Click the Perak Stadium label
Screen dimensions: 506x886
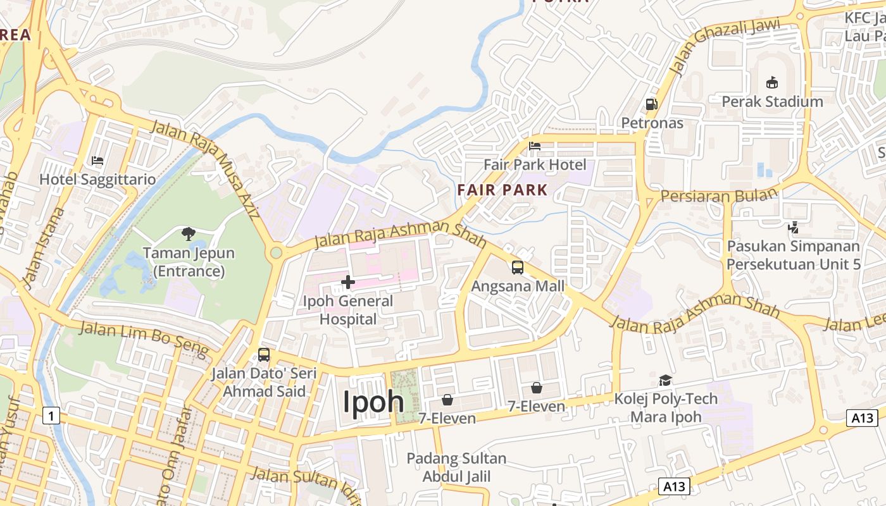pyautogui.click(x=772, y=101)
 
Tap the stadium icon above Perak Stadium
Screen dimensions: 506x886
pyautogui.click(x=771, y=82)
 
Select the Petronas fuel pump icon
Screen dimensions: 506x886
pyautogui.click(x=651, y=104)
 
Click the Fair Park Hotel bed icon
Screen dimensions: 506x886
pyautogui.click(x=535, y=146)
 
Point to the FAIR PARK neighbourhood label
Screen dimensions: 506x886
pyautogui.click(x=502, y=189)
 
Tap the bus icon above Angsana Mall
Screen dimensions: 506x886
pyautogui.click(x=518, y=268)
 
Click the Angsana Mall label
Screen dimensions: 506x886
pyautogui.click(x=518, y=286)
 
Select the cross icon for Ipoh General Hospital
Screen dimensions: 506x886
pyautogui.click(x=348, y=282)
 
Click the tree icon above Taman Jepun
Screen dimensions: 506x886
pyautogui.click(x=188, y=234)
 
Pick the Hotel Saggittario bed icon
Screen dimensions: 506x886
pyautogui.click(x=97, y=161)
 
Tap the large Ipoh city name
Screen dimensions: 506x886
pyautogui.click(x=373, y=401)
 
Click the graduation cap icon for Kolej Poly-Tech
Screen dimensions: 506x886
pyautogui.click(x=665, y=380)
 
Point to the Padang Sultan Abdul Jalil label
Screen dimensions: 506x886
pyautogui.click(x=456, y=467)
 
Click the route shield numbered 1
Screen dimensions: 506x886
pyautogui.click(x=51, y=416)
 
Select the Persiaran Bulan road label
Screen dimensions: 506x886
pyautogui.click(x=718, y=196)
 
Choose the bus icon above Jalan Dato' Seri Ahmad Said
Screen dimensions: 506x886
pyautogui.click(x=264, y=355)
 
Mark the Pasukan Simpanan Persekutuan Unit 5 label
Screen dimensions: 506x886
pyautogui.click(x=794, y=255)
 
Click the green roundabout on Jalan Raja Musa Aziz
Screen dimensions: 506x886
pyautogui.click(x=276, y=253)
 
